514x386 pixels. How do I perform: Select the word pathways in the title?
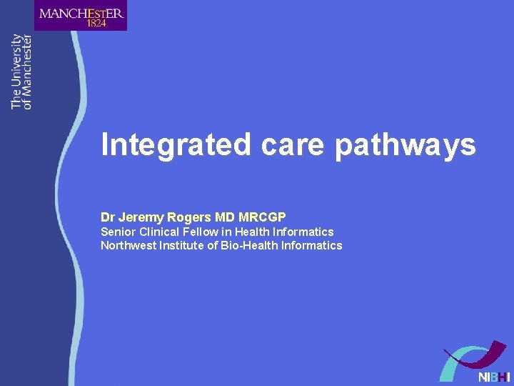(x=405, y=144)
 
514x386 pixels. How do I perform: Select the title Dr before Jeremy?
(x=107, y=217)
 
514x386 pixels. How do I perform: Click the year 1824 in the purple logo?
(x=96, y=23)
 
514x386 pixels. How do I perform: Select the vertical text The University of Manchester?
(x=21, y=71)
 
